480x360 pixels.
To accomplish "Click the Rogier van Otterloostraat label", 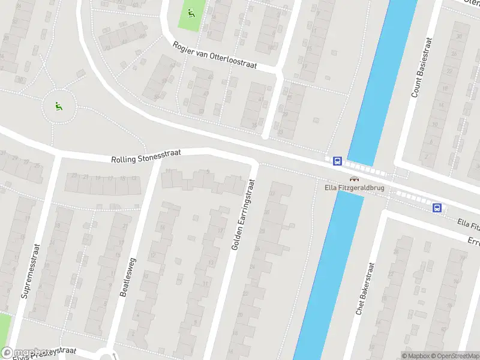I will pos(214,55).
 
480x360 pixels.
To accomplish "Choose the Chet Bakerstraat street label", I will pos(365,289).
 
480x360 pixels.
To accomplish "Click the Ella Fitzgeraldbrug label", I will pos(354,188).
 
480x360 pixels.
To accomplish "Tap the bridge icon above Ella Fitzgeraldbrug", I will pos(354,178).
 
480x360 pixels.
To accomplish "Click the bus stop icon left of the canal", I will pos(337,161).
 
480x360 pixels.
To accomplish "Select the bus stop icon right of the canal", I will pos(437,208).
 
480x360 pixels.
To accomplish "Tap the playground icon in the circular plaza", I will pos(59,107).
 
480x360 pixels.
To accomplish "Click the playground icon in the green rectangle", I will pos(191,13).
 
